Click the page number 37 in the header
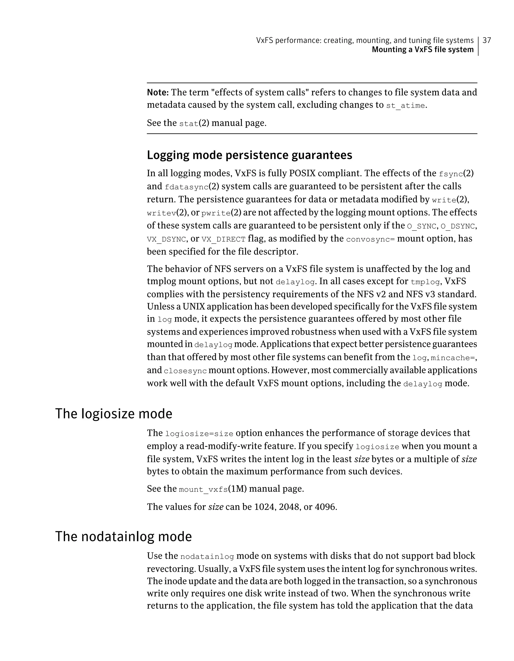click(x=487, y=40)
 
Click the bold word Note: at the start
click(x=158, y=92)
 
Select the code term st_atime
click(x=405, y=106)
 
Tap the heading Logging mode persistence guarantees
click(x=249, y=155)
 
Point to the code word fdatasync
click(x=187, y=187)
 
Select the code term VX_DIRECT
click(x=223, y=239)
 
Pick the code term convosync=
click(x=370, y=239)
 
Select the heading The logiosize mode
click(x=113, y=414)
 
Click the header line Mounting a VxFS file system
click(x=422, y=50)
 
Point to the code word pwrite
click(x=216, y=213)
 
